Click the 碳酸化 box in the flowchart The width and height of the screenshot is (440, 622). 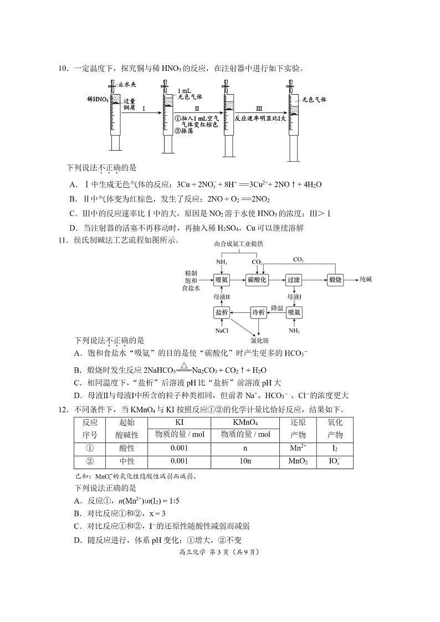tap(257, 280)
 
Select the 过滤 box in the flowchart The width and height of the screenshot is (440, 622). tap(294, 280)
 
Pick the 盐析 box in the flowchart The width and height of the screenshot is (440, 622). tap(222, 312)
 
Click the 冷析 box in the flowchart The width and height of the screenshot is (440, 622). tap(258, 312)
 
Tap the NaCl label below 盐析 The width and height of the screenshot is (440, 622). tap(222, 331)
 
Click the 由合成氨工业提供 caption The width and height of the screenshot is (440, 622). tap(239, 244)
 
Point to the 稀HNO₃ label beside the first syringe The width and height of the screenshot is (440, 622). tap(98, 99)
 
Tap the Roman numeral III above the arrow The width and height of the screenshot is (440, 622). tap(259, 109)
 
